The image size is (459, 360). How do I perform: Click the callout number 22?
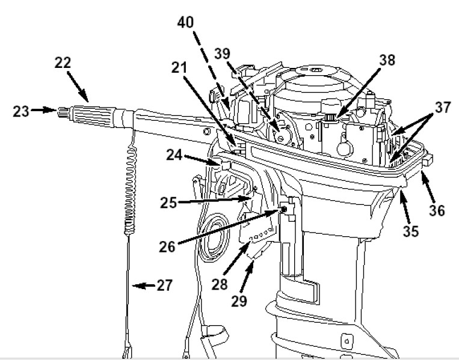(63, 63)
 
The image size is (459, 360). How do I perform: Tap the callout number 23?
(21, 111)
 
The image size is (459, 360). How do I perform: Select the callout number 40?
(185, 22)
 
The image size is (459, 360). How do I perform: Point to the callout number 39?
(223, 54)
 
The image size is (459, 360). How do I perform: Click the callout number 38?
(387, 60)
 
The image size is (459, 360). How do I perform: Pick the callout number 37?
(443, 107)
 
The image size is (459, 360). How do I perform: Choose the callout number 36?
(437, 210)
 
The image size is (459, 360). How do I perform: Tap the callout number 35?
(411, 231)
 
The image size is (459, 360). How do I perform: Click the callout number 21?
(179, 67)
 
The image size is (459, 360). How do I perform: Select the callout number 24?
(174, 154)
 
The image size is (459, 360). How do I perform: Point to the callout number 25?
(168, 203)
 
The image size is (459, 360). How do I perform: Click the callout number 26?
(167, 246)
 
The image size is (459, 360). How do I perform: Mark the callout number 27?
(165, 285)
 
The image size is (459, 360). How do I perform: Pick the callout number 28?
(220, 284)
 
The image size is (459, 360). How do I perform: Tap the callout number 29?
(239, 301)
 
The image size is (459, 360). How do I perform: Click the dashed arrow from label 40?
(211, 70)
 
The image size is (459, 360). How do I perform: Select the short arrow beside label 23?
(44, 110)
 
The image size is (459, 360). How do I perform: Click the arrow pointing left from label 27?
(144, 285)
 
